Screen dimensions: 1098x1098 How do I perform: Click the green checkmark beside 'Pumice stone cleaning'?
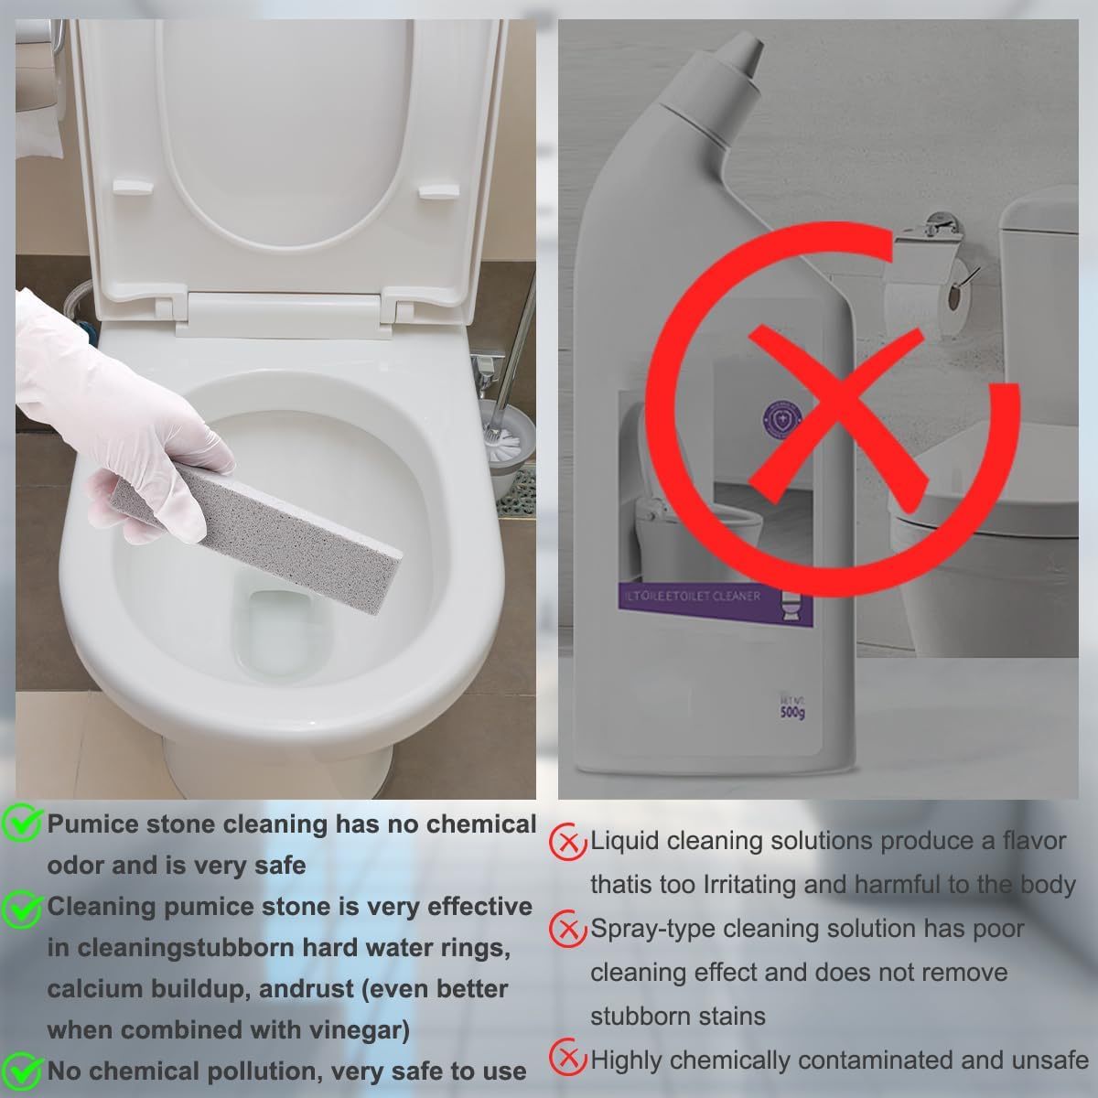tap(21, 823)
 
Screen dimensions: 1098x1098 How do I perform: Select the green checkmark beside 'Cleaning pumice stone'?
tap(21, 907)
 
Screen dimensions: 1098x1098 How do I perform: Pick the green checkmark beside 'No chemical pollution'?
tap(21, 1071)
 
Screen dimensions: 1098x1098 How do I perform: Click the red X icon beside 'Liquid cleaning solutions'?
tap(567, 842)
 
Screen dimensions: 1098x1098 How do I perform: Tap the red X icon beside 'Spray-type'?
tap(567, 930)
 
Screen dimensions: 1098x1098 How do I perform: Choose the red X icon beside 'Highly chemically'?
tap(567, 1060)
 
